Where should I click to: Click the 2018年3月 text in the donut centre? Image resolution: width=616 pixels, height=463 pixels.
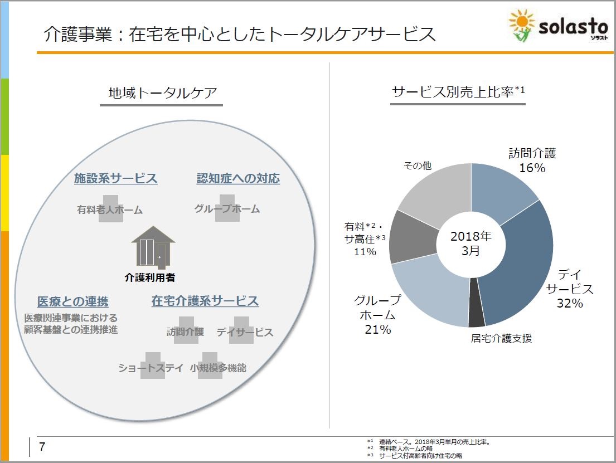pyautogui.click(x=471, y=243)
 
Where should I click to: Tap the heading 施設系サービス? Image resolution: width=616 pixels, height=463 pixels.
pyautogui.click(x=116, y=178)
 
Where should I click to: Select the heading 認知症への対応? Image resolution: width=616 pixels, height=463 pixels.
pyautogui.click(x=238, y=178)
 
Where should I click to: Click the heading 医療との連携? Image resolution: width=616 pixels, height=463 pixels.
pyautogui.click(x=73, y=301)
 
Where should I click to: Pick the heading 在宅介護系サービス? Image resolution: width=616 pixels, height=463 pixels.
pyautogui.click(x=205, y=301)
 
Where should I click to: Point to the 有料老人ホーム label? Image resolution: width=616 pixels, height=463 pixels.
pyautogui.click(x=110, y=210)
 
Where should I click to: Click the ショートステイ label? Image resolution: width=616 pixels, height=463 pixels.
pyautogui.click(x=151, y=368)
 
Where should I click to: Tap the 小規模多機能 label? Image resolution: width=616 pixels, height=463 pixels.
pyautogui.click(x=218, y=368)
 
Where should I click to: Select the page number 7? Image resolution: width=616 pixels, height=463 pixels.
pyautogui.click(x=42, y=447)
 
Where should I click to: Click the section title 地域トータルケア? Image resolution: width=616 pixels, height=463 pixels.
pyautogui.click(x=163, y=93)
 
